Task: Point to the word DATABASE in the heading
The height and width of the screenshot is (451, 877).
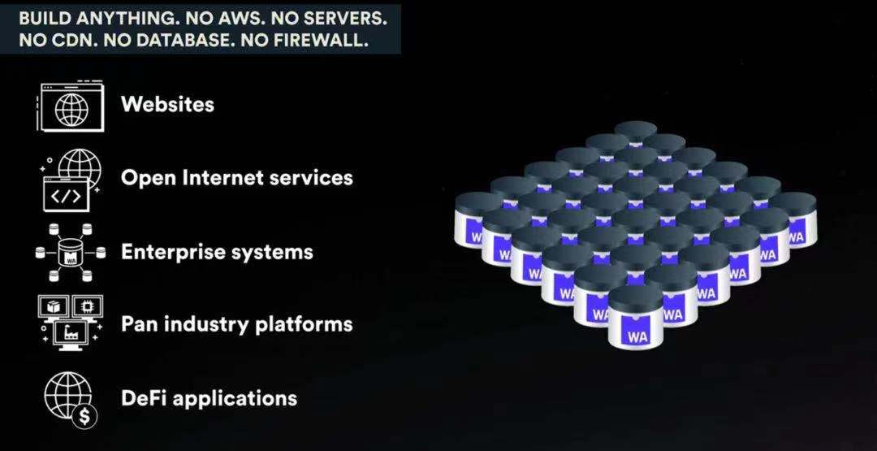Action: point(179,39)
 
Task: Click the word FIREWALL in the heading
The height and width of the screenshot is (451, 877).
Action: point(317,39)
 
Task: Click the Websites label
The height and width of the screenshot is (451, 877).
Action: point(167,104)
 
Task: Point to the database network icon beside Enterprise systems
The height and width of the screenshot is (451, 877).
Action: point(70,253)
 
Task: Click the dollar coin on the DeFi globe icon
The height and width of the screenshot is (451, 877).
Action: point(84,417)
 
